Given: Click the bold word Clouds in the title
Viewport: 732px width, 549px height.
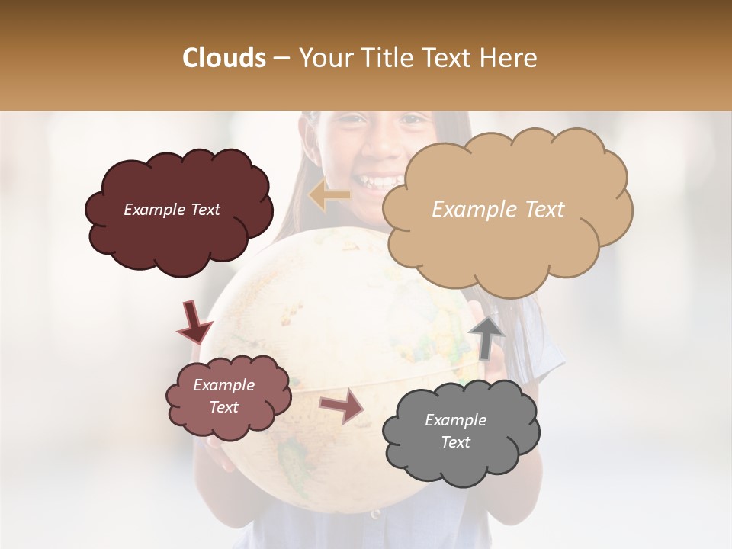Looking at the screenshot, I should (x=224, y=58).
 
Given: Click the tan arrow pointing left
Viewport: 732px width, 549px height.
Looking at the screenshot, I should (x=329, y=196).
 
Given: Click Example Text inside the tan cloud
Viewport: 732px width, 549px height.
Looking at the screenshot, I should (x=498, y=210).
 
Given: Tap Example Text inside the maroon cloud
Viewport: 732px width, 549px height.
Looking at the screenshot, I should (x=172, y=210).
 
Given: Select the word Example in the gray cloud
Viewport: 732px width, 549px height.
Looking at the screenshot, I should (x=455, y=420).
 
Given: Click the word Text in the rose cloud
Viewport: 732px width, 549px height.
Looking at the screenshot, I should (x=223, y=407).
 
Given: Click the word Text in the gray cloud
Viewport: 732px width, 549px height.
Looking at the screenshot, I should (x=455, y=442).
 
